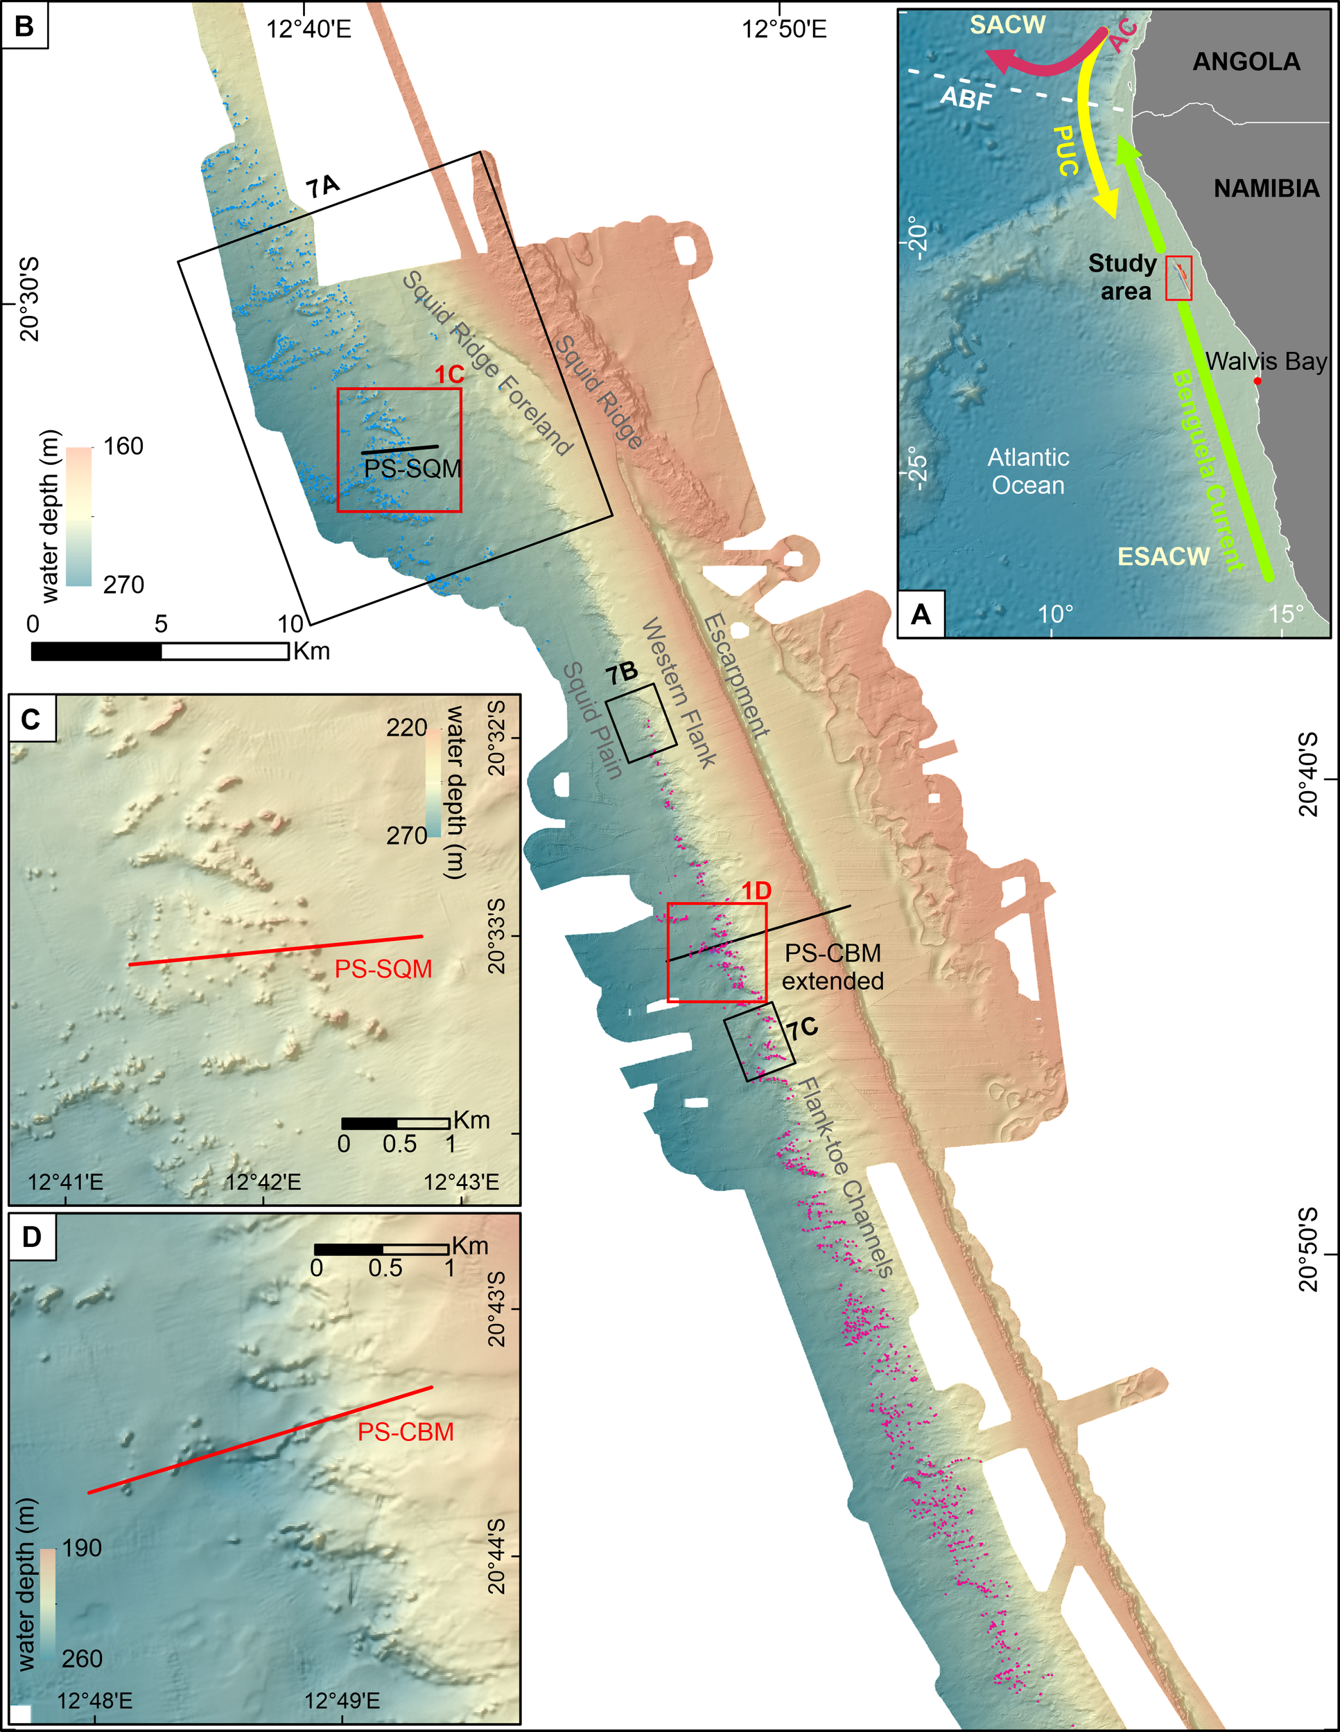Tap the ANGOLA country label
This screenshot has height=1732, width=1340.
[1246, 62]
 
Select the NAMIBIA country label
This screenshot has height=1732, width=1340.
[1267, 188]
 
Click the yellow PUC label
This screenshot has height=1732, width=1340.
[1067, 150]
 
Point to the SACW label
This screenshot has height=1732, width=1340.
[1007, 26]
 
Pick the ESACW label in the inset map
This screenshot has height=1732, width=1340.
[1163, 557]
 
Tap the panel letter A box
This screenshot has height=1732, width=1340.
[921, 615]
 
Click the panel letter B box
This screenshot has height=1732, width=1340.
[24, 26]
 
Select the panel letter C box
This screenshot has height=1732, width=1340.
[32, 719]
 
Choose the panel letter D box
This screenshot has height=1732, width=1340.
[32, 1237]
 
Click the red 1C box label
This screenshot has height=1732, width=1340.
[449, 375]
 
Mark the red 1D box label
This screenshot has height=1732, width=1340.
[756, 890]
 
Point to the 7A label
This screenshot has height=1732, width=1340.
[323, 187]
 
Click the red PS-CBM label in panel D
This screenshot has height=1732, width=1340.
[406, 1432]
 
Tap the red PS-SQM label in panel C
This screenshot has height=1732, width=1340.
[383, 969]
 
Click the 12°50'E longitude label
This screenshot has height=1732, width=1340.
[784, 29]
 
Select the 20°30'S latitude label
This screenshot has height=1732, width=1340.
[29, 298]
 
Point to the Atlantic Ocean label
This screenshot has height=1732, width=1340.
[1028, 471]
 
